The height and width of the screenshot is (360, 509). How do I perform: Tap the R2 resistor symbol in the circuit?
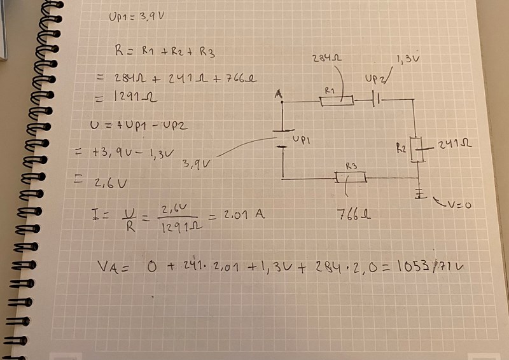click(416, 149)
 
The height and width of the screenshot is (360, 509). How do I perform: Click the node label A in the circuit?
click(278, 95)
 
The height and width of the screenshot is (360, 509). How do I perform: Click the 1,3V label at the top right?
click(407, 59)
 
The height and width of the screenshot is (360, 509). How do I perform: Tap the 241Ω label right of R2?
click(454, 145)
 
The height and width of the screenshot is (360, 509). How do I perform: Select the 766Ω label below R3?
click(352, 214)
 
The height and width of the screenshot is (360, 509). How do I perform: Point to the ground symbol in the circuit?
click(419, 193)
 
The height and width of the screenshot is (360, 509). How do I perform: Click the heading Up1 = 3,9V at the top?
click(136, 18)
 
